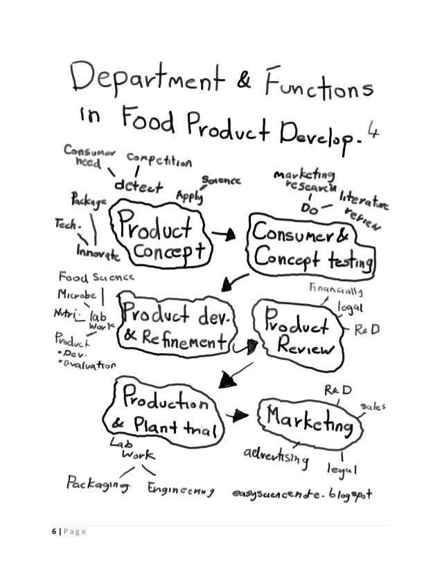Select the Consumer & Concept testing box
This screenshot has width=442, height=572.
312,246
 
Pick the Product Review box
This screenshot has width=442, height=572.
297,334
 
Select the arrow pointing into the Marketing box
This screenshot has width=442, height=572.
238,415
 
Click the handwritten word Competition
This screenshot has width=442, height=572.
159,161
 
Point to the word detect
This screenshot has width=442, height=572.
139,186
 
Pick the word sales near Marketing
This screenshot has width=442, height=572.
373,405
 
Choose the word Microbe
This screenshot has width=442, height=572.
76,294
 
